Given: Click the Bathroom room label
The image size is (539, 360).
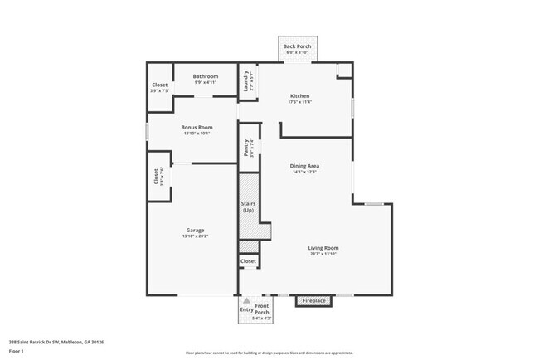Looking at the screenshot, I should click(x=206, y=76).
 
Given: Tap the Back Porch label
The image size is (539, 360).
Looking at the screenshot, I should click(x=297, y=46).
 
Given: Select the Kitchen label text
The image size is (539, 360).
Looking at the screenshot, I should click(x=299, y=95).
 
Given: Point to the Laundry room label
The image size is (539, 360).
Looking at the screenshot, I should click(x=246, y=80).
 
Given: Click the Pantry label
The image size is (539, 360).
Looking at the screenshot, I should click(x=246, y=148).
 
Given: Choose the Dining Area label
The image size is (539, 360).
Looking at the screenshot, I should click(x=305, y=166).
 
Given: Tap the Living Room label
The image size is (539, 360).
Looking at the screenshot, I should click(x=323, y=247).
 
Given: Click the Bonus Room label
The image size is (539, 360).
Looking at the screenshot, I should click(x=196, y=127).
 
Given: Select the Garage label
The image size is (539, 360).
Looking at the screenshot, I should click(x=196, y=230).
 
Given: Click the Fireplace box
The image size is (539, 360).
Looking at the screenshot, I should click(x=314, y=300).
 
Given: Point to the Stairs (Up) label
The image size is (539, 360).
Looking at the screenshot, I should click(x=248, y=207).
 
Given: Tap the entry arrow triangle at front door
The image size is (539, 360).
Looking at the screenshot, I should click(x=245, y=301).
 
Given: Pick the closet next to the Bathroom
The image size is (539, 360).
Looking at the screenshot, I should click(x=159, y=85).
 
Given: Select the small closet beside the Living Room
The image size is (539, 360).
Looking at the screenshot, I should click(x=248, y=261).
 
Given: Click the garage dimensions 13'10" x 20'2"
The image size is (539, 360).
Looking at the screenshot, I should click(x=196, y=236).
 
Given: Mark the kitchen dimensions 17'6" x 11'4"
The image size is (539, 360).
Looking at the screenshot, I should click(x=299, y=102).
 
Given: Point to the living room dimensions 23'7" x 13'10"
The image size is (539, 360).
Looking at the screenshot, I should click(x=323, y=254).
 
